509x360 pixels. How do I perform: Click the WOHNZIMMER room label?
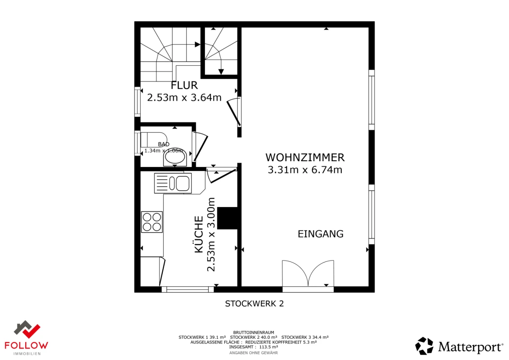tap(305, 157)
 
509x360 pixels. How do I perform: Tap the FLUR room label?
tap(184, 85)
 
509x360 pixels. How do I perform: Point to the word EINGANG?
tap(320, 234)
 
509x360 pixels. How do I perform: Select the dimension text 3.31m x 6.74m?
tap(305, 170)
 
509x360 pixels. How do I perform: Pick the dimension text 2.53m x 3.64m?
tap(184, 97)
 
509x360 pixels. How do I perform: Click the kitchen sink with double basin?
tap(173, 183)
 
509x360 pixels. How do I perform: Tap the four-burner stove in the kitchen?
tap(152, 222)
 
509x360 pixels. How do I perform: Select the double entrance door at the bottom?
tap(308, 274)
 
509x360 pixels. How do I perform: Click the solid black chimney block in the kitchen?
tap(227, 218)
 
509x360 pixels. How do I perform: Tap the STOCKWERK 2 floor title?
tap(254, 304)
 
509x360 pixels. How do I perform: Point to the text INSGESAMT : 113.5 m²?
tap(253, 347)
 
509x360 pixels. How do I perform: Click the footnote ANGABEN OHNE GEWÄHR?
tap(253, 353)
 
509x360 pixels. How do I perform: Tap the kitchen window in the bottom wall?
tap(187, 289)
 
